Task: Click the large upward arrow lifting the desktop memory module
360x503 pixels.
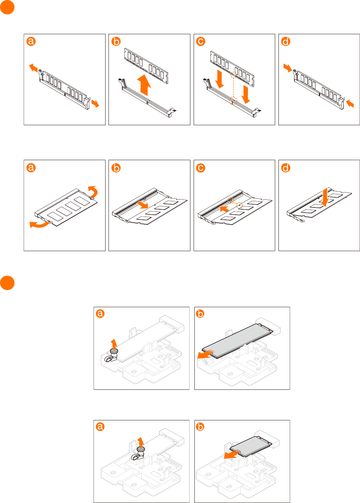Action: tap(145, 85)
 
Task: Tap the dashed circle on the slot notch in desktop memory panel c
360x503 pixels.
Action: tap(233, 101)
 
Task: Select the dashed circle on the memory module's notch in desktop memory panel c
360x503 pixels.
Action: tap(234, 75)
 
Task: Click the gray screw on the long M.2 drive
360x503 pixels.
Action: tap(114, 350)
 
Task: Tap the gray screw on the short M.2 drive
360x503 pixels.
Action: tap(141, 449)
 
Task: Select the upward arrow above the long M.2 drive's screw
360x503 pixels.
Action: tap(114, 343)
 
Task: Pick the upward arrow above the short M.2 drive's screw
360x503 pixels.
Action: tap(141, 441)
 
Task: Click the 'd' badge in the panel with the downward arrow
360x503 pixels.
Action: tap(286, 168)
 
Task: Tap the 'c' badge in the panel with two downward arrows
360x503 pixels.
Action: tap(201, 41)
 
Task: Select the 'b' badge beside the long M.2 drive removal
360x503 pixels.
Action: tap(200, 313)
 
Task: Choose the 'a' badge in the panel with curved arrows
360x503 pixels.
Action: tap(31, 168)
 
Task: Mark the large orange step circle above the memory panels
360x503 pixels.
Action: tap(7, 7)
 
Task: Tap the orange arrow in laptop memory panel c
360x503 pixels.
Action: tap(224, 209)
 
